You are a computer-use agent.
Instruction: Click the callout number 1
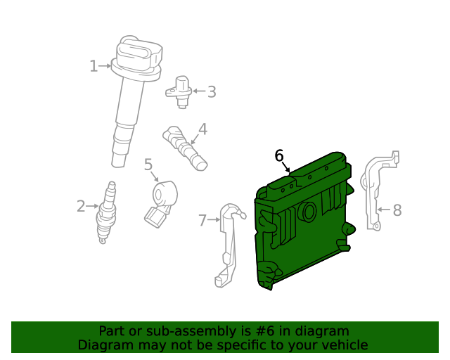(x=94, y=66)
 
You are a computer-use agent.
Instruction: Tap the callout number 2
(x=81, y=206)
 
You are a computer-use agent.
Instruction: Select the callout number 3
(x=212, y=92)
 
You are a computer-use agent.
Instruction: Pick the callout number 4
(x=202, y=129)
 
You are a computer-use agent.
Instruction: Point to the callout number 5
(x=148, y=165)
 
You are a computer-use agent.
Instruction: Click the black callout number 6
(x=279, y=156)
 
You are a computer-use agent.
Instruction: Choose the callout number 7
(x=202, y=220)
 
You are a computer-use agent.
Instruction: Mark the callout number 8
(x=397, y=210)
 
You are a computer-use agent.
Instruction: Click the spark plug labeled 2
(x=108, y=213)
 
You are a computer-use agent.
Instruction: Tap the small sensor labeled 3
(x=179, y=91)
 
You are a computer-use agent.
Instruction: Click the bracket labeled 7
(x=228, y=244)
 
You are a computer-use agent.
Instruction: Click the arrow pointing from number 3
(x=199, y=91)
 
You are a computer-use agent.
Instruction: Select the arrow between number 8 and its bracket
(x=384, y=210)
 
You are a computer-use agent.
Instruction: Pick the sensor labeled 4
(x=185, y=148)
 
